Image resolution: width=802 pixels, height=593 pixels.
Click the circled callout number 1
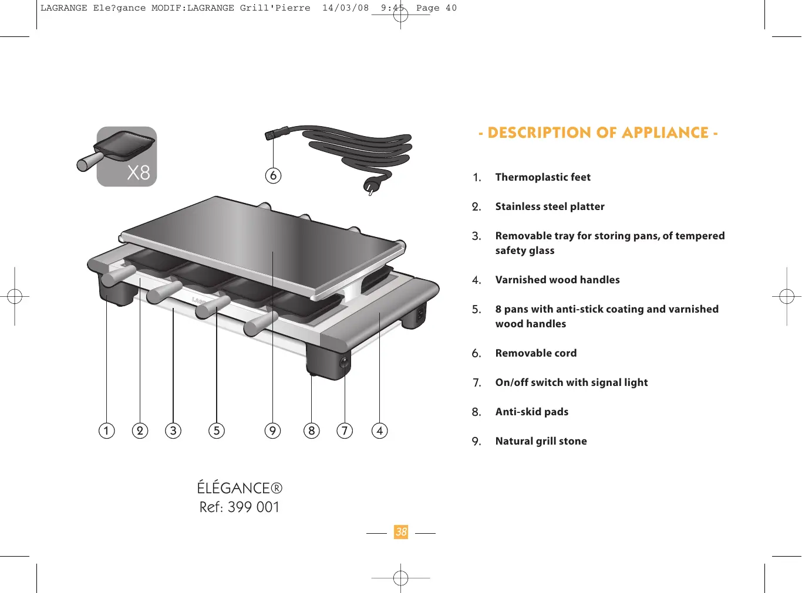(106, 431)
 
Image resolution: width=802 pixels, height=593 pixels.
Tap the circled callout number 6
(273, 175)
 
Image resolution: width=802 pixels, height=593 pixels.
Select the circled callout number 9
(272, 431)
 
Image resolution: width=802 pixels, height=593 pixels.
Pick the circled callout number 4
(380, 431)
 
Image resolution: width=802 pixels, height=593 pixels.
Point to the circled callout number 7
(345, 431)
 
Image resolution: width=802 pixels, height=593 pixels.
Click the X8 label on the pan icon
(139, 172)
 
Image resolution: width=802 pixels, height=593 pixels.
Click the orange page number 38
(401, 532)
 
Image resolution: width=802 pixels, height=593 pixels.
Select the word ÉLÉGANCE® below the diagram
(240, 488)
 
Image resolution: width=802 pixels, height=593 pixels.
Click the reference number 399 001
(254, 507)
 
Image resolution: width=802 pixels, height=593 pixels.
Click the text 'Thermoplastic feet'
(542, 177)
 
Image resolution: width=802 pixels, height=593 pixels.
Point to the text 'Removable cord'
(535, 353)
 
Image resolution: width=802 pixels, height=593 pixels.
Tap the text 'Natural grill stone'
(541, 441)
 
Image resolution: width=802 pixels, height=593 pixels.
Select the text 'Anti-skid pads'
(531, 412)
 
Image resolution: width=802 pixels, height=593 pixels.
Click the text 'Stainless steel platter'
(550, 206)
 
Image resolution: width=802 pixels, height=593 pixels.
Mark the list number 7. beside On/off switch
(477, 383)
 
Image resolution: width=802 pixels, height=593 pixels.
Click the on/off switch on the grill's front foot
(343, 362)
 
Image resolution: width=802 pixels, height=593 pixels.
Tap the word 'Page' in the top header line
(427, 8)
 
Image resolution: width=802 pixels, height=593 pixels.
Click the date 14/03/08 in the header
(345, 8)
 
